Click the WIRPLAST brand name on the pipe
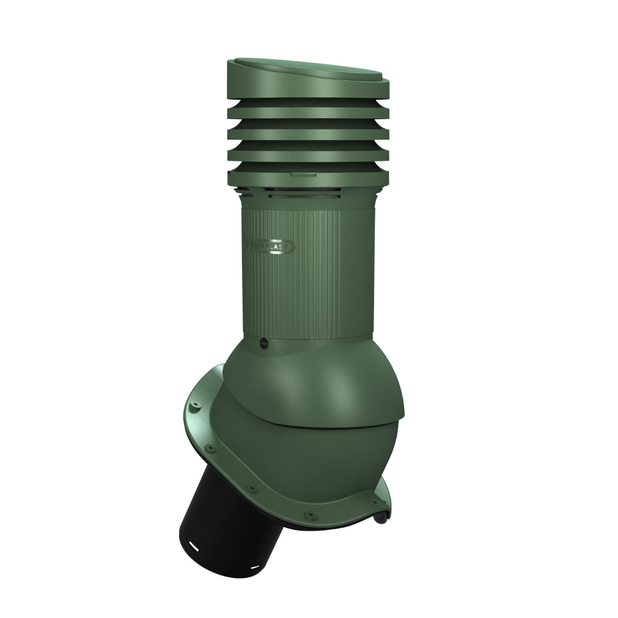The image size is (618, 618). pos(273,246)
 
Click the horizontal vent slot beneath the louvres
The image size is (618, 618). pos(309,194)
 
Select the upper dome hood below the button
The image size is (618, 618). pos(319,376)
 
